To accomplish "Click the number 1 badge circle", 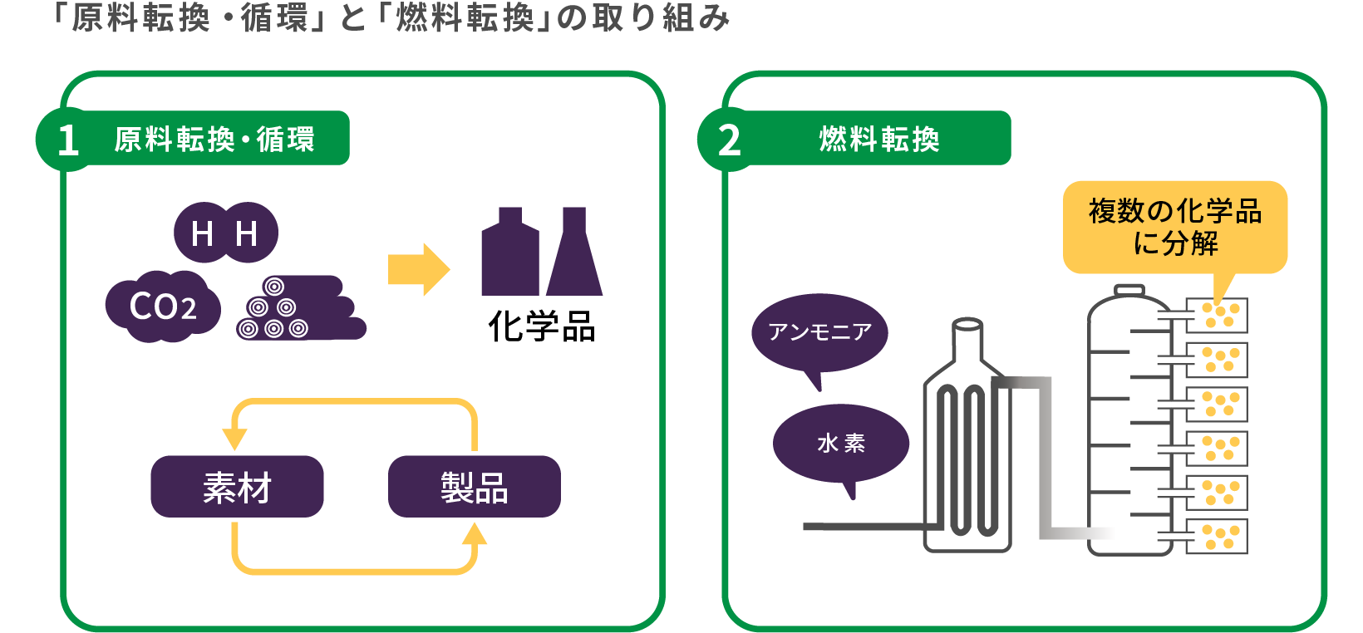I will tap(66, 140).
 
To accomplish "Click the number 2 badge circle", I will tap(729, 140).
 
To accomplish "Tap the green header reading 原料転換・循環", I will tap(214, 139).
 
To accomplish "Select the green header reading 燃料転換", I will tap(879, 139).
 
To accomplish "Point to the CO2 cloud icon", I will tap(163, 307).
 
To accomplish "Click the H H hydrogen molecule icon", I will tap(225, 233).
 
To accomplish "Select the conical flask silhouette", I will tap(574, 253).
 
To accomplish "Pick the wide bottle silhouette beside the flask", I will tap(509, 253).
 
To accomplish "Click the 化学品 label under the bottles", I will tap(542, 326).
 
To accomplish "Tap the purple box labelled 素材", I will tap(237, 487).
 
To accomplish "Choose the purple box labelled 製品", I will tap(474, 487).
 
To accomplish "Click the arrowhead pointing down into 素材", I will tap(234, 439).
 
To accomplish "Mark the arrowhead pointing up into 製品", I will tap(475, 534).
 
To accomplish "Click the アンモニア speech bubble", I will tap(819, 333).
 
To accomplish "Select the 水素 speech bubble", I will tap(841, 443).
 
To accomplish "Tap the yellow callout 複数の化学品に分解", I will tap(1175, 227).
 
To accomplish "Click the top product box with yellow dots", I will tap(1217, 316).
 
